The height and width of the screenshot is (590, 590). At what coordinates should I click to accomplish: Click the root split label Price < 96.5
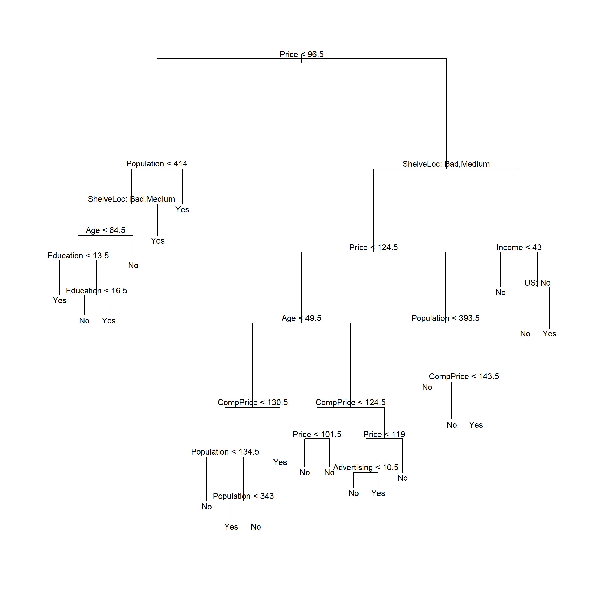pyautogui.click(x=301, y=54)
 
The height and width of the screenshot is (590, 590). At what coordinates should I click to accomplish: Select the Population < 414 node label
pyautogui.click(x=157, y=164)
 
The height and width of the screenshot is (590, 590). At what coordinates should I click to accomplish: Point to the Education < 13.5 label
pyautogui.click(x=78, y=256)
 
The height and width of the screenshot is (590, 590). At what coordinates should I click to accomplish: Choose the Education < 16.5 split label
pyautogui.click(x=97, y=291)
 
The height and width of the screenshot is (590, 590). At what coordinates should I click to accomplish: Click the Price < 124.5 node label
pyautogui.click(x=373, y=247)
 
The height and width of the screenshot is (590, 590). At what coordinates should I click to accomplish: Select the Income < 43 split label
pyautogui.click(x=519, y=247)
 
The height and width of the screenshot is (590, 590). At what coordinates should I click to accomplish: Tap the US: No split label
pyautogui.click(x=538, y=283)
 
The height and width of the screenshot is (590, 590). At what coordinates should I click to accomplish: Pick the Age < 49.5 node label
pyautogui.click(x=301, y=318)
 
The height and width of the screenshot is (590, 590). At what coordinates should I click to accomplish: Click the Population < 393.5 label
pyautogui.click(x=446, y=318)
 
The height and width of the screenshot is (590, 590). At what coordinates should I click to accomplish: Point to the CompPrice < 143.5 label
pyautogui.click(x=464, y=376)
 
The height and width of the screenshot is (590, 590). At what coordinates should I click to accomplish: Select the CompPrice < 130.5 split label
pyautogui.click(x=252, y=403)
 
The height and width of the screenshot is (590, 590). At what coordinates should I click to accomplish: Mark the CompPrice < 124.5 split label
pyautogui.click(x=351, y=403)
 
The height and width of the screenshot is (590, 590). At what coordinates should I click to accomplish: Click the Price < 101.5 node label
pyautogui.click(x=317, y=434)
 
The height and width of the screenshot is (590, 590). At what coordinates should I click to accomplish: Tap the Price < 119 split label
pyautogui.click(x=384, y=434)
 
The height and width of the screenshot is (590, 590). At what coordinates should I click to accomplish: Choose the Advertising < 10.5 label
pyautogui.click(x=366, y=468)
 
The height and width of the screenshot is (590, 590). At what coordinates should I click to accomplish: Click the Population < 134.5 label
pyautogui.click(x=225, y=452)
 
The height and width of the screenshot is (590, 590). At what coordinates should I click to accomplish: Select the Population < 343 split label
pyautogui.click(x=243, y=496)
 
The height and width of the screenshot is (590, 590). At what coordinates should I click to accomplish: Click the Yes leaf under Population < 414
pyautogui.click(x=182, y=209)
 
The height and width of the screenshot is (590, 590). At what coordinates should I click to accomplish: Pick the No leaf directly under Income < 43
pyautogui.click(x=501, y=292)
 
